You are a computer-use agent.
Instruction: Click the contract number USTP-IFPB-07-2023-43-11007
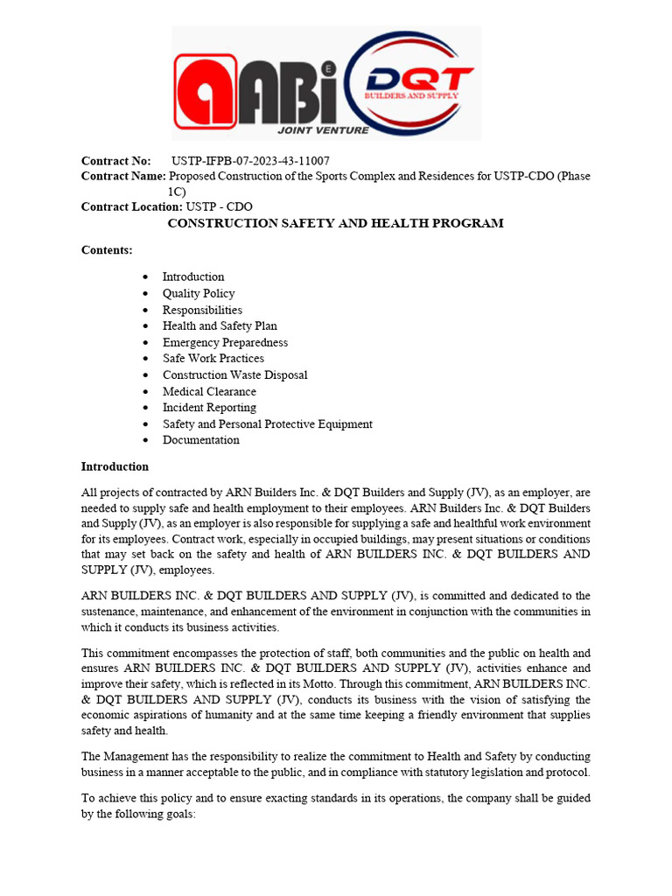250,161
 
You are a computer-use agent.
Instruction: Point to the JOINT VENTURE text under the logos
323,130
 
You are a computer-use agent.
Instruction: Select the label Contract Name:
123,177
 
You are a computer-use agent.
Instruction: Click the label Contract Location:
131,207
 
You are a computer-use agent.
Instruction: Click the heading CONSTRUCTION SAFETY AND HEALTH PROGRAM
335,223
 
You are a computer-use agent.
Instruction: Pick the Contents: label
107,250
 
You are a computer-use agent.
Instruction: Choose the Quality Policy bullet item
199,293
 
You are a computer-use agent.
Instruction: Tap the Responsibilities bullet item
202,310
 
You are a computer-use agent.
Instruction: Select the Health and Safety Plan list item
220,325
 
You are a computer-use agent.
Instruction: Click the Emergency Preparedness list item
225,342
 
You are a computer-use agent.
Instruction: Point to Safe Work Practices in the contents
213,358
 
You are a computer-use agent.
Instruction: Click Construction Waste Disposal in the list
234,374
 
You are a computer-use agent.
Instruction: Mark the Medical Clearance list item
209,391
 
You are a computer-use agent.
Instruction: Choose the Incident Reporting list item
209,407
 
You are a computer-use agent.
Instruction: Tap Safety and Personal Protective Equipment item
267,423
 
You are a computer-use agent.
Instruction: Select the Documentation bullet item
200,439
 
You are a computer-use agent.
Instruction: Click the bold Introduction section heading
115,466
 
